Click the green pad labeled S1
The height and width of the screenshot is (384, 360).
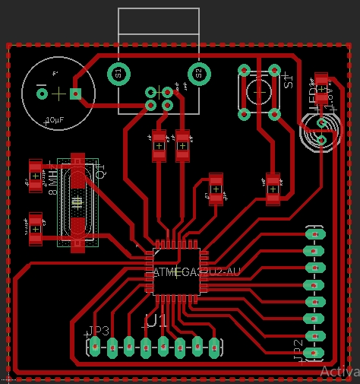(118, 74)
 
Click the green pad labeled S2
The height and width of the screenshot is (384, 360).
(199, 74)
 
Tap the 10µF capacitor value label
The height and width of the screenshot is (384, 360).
(55, 120)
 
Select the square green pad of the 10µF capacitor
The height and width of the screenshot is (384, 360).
(75, 94)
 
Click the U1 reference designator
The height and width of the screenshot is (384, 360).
(156, 321)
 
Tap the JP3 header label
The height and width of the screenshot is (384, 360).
(99, 331)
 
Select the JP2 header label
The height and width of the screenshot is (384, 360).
(298, 349)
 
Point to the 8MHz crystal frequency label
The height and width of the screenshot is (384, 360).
(52, 182)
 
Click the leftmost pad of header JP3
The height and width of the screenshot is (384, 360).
(95, 347)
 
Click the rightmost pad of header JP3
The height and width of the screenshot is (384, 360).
(214, 348)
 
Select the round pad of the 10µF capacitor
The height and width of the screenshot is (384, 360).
(43, 94)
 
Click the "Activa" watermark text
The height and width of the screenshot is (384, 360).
(339, 372)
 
